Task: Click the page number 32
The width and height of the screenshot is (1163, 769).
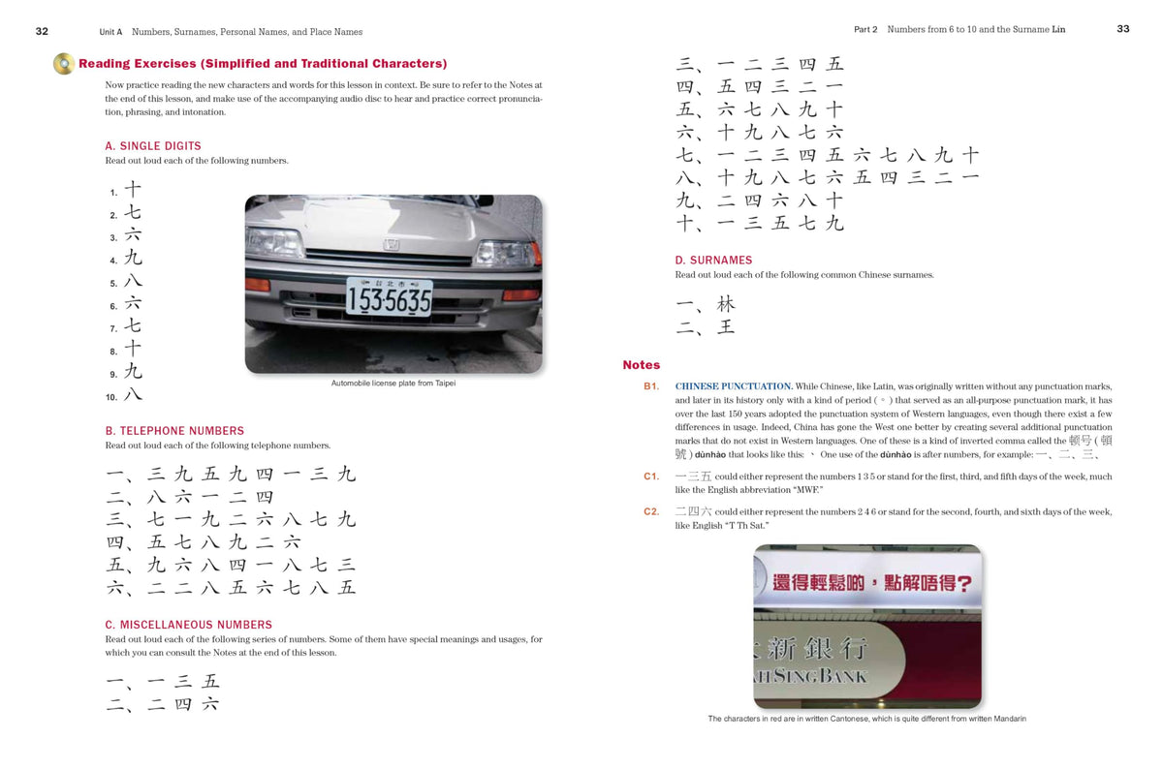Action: click(42, 31)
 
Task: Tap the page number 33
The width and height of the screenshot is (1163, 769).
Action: click(1123, 29)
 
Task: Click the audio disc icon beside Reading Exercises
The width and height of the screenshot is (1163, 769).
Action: click(64, 64)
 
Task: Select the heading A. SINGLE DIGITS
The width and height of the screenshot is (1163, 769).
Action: click(153, 146)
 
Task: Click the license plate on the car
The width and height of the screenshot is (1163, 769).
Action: click(390, 296)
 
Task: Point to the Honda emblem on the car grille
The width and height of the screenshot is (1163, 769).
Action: click(392, 244)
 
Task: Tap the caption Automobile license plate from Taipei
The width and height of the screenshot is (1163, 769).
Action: click(393, 384)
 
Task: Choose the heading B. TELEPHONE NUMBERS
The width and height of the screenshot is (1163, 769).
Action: click(174, 431)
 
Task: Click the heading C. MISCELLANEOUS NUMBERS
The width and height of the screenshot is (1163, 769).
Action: click(188, 625)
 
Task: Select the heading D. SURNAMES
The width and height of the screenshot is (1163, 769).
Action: click(713, 260)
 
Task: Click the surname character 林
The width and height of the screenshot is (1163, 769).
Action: click(726, 304)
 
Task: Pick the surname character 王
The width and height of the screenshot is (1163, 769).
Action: click(726, 327)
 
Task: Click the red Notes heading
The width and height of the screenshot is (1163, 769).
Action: click(642, 365)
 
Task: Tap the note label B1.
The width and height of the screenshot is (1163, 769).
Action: click(651, 386)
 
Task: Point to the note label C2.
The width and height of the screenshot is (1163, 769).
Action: click(651, 511)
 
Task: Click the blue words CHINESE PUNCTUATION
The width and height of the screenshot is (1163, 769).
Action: click(734, 386)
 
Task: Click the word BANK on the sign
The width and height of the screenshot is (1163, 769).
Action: click(843, 676)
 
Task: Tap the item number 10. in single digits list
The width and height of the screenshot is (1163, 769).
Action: click(111, 397)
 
